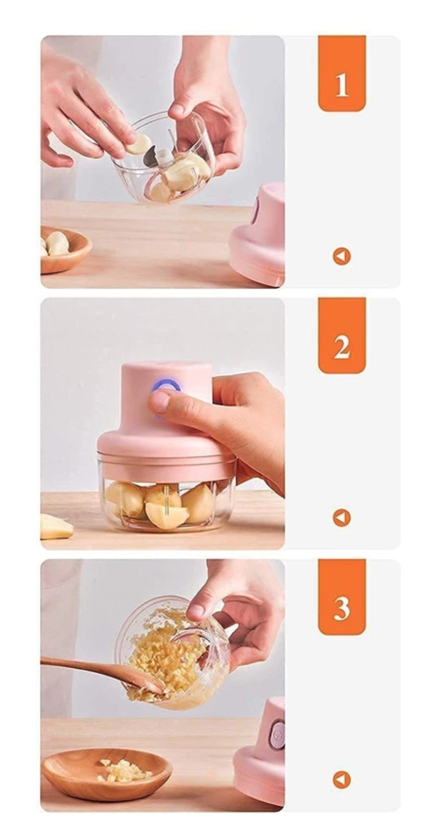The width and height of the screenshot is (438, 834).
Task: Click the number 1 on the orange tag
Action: click(341, 85)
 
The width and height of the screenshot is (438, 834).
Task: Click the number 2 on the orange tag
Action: click(341, 347)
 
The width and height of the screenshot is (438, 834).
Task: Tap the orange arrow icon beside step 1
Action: click(341, 257)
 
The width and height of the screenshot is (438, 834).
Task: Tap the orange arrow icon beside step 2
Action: click(341, 518)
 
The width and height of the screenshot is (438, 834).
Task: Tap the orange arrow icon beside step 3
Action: click(341, 779)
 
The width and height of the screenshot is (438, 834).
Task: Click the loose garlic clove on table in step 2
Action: click(56, 527)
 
